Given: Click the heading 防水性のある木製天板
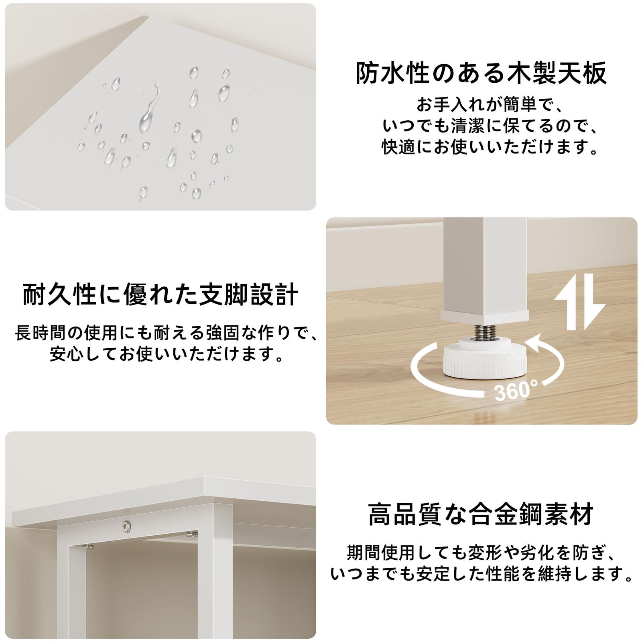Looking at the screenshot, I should (x=481, y=73).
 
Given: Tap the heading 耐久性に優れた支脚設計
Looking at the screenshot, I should (x=160, y=294).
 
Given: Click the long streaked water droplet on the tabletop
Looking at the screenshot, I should (x=148, y=110).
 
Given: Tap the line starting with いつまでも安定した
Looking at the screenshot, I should (x=481, y=574).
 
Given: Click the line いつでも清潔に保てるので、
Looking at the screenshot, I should (x=490, y=126).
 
